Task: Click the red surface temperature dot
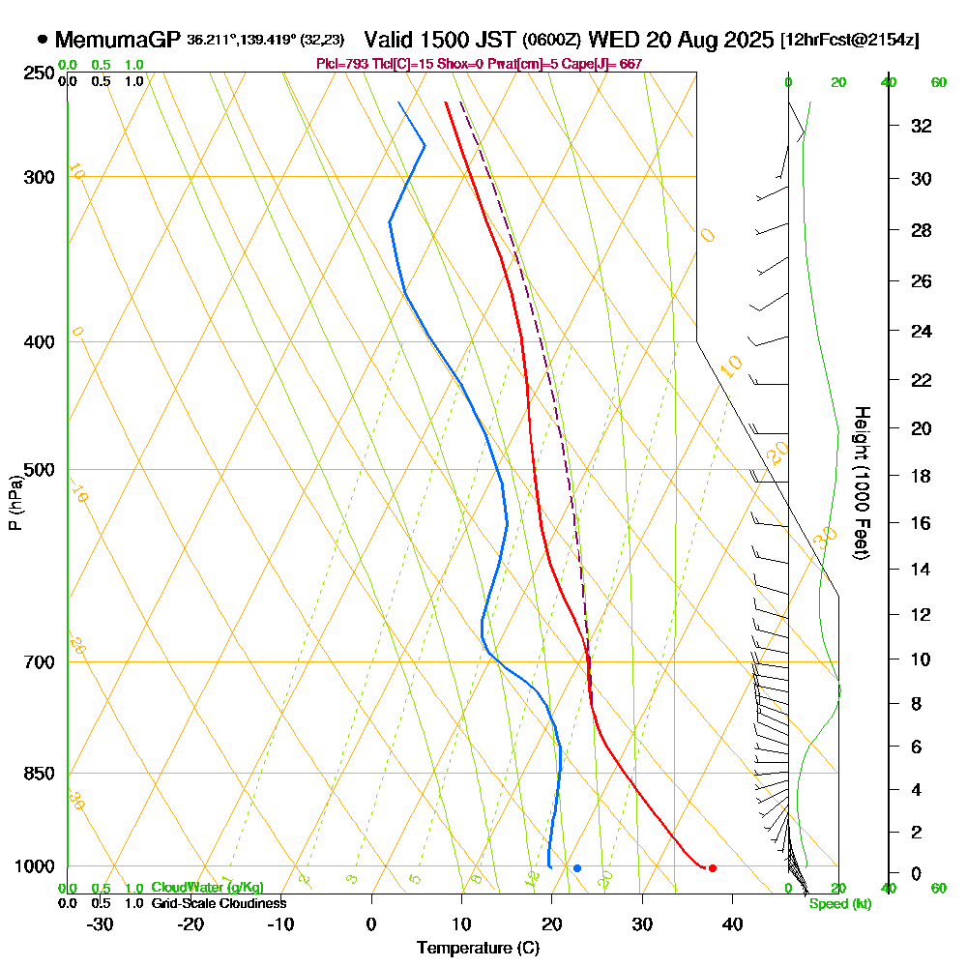(713, 868)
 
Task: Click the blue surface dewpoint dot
(577, 868)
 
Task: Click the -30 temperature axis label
(101, 923)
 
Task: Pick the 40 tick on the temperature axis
(732, 923)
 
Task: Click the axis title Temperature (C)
(478, 949)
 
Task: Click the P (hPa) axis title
(15, 503)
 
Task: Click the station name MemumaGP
(117, 41)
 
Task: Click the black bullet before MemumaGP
(43, 41)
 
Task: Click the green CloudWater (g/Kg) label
(207, 888)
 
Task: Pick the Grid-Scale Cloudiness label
(219, 903)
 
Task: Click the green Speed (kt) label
(837, 904)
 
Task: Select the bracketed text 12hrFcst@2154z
(849, 41)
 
